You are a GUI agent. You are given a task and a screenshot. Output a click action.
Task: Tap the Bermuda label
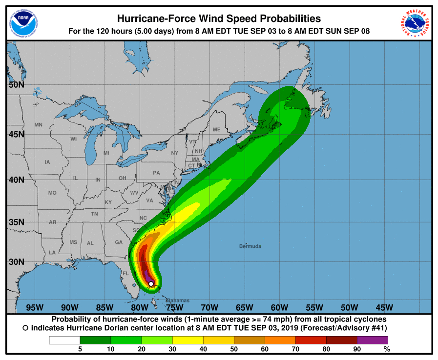pyautogui.click(x=250, y=246)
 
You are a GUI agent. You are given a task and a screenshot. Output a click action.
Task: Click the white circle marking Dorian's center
pyautogui.click(x=151, y=283)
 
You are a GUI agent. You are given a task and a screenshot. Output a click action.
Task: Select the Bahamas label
pyautogui.click(x=178, y=300)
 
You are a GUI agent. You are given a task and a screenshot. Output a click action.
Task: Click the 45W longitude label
pyautogui.click(x=384, y=307)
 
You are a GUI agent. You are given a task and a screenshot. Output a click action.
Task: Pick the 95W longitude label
pyautogui.click(x=35, y=307)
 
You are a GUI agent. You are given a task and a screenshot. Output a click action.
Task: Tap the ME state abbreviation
pyautogui.click(x=216, y=130)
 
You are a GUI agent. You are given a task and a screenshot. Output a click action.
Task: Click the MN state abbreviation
pyautogui.click(x=39, y=125)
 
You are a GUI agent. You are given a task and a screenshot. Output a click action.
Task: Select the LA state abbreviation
pyautogui.click(x=52, y=252)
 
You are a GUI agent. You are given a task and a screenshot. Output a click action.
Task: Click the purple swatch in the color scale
pyautogui.click(x=373, y=340)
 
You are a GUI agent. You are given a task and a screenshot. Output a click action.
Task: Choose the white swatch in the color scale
pyautogui.click(x=64, y=340)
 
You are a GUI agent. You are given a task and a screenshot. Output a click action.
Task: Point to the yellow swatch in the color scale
pyautogui.click(x=188, y=340)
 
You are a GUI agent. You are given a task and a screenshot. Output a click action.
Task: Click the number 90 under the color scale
pyautogui.click(x=357, y=349)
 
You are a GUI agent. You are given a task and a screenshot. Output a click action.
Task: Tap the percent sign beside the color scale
pyautogui.click(x=387, y=349)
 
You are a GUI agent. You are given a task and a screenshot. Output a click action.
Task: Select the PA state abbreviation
pyautogui.click(x=156, y=173)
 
